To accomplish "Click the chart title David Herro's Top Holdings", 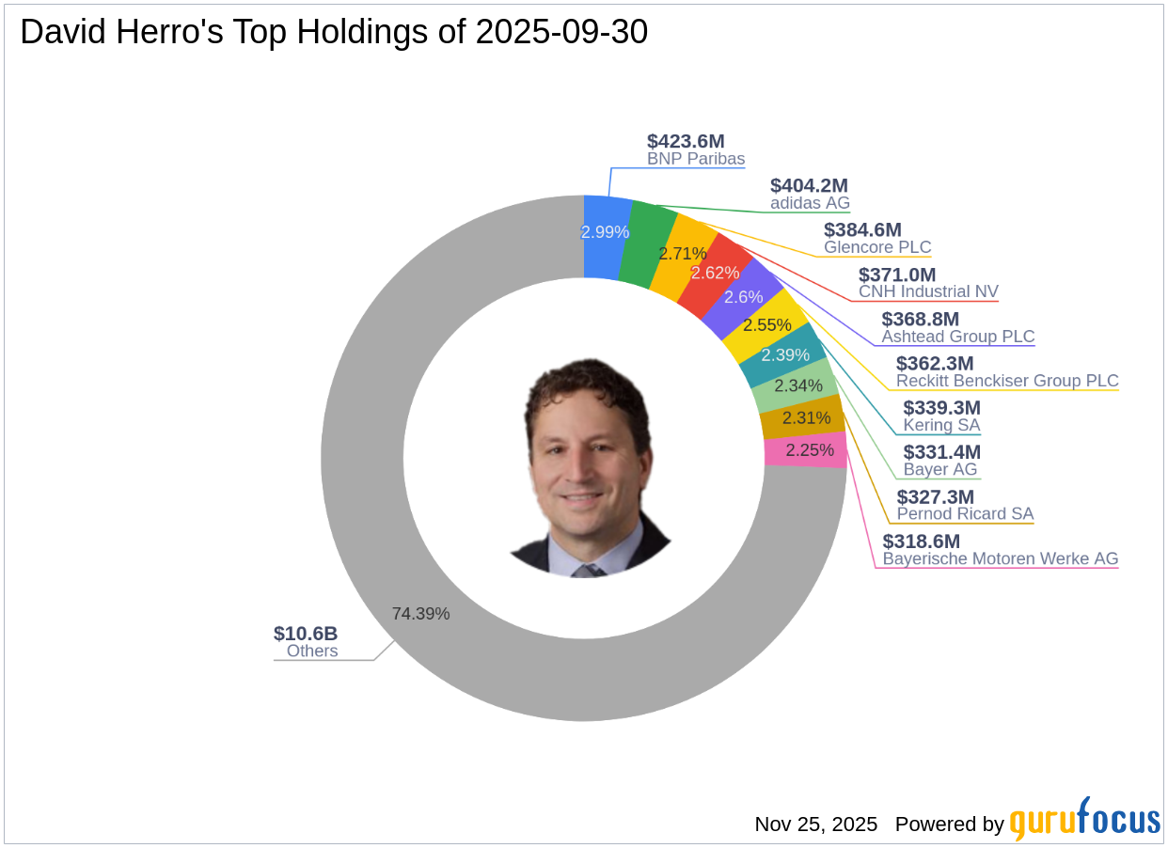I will (x=334, y=33).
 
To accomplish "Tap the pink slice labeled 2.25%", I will (x=806, y=450).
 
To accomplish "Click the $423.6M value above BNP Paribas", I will (x=686, y=141).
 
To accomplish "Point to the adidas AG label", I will (x=810, y=203).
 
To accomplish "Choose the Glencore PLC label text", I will (x=877, y=248).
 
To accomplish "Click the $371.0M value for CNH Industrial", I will (x=897, y=275).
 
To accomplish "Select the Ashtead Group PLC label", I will (x=957, y=337).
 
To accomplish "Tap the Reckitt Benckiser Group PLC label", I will (x=1007, y=381).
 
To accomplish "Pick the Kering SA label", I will (x=941, y=425).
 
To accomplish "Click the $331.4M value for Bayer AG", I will (x=941, y=452).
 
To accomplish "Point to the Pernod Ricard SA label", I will (x=965, y=514).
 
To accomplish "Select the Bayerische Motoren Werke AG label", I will (x=1001, y=558).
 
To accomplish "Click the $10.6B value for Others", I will (x=306, y=634).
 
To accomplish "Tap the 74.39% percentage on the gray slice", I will (x=420, y=614).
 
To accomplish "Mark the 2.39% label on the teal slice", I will (x=784, y=355).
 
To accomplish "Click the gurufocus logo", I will (x=1084, y=821).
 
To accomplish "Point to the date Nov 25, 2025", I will (x=815, y=824).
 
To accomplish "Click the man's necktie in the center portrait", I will (x=589, y=570).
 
